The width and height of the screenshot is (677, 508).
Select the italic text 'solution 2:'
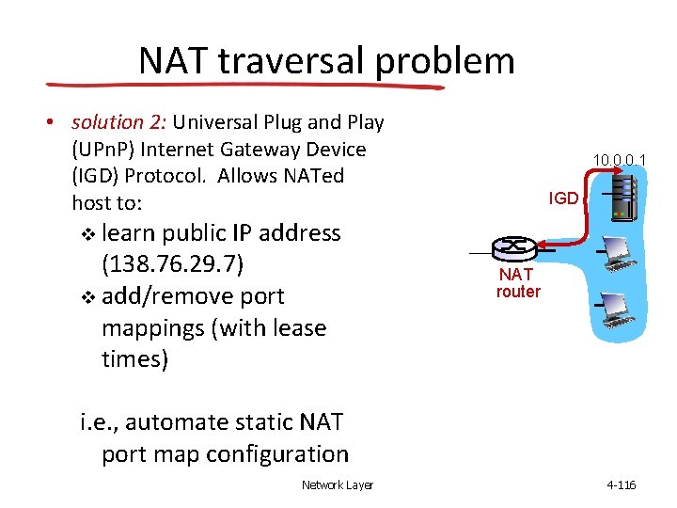(x=118, y=122)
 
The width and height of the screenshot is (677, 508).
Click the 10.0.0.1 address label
(x=618, y=161)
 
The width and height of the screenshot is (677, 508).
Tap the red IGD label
(x=563, y=198)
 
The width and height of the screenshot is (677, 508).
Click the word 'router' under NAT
(x=518, y=292)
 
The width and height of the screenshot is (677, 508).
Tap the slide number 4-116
(x=622, y=485)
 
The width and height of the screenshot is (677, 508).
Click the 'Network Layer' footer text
(x=337, y=485)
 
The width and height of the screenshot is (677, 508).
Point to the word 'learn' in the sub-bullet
(x=129, y=232)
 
